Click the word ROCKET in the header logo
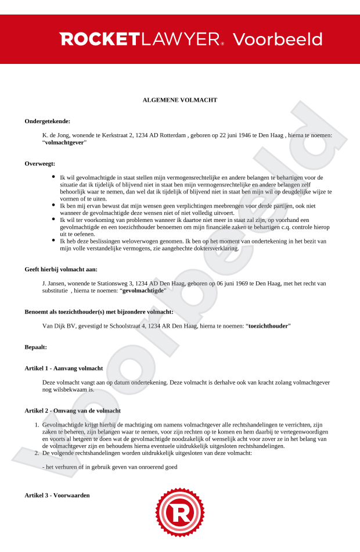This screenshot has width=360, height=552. pyautogui.click(x=99, y=40)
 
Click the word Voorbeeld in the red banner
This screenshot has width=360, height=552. pyautogui.click(x=277, y=40)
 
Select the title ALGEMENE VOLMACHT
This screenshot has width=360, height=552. pyautogui.click(x=180, y=100)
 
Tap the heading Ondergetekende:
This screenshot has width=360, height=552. pyautogui.click(x=48, y=121)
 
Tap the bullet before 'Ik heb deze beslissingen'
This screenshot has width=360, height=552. pyautogui.click(x=54, y=240)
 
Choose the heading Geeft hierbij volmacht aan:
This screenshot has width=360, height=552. pyautogui.click(x=61, y=269)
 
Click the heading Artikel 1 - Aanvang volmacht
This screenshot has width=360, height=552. pyautogui.click(x=64, y=368)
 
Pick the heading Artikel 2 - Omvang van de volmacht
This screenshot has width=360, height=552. pyautogui.click(x=73, y=410)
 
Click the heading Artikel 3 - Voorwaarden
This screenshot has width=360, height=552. pyautogui.click(x=57, y=494)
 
